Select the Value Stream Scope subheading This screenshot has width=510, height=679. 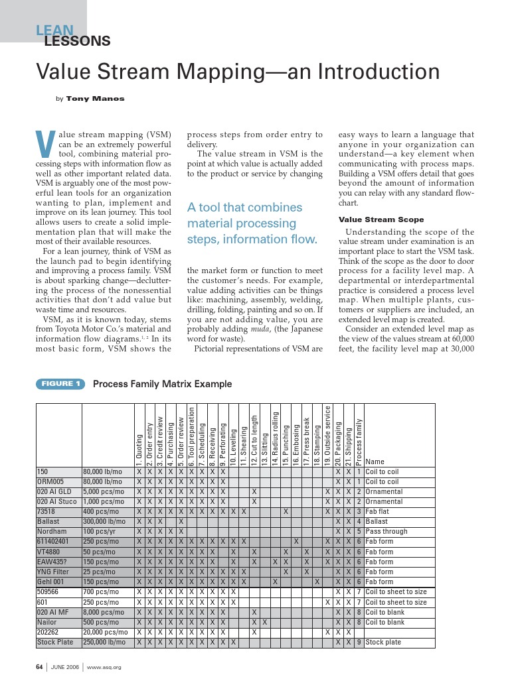coord(381,219)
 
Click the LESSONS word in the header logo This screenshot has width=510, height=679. coord(76,42)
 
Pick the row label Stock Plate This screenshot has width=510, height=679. coord(55,642)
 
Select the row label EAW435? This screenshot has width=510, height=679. coord(52,562)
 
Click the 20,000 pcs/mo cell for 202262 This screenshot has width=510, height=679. coord(106,632)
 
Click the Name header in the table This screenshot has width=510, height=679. coord(375,462)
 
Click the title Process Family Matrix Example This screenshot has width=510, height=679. coord(163,384)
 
